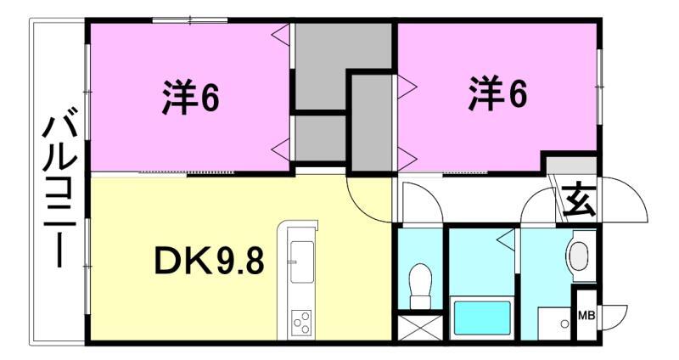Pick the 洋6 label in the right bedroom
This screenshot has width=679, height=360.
pyautogui.click(x=497, y=94)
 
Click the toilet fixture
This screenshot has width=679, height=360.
pyautogui.click(x=419, y=285)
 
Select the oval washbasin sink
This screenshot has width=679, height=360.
pyautogui.click(x=580, y=256)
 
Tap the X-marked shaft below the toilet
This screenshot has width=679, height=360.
pyautogui.click(x=419, y=328)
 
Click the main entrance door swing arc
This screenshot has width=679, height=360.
pyautogui.click(x=627, y=197)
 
